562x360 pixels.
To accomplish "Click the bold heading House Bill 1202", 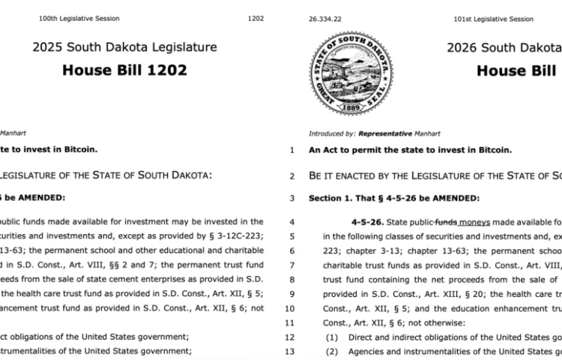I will coord(124,70).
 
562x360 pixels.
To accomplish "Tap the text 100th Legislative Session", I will coord(79,19).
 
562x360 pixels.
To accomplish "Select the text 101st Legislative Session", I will coord(494,19).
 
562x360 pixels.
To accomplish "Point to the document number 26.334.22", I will coord(324,19).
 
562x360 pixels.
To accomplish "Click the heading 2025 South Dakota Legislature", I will coord(124,47).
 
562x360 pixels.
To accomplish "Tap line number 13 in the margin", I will coord(291,350).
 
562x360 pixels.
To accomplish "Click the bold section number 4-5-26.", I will coord(366,222).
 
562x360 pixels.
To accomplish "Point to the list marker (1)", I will coord(331,337).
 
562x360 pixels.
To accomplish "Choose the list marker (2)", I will coord(331,350).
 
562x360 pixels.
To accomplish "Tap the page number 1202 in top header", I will coord(256,19).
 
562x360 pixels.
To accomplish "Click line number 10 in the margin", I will coord(291,307).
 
